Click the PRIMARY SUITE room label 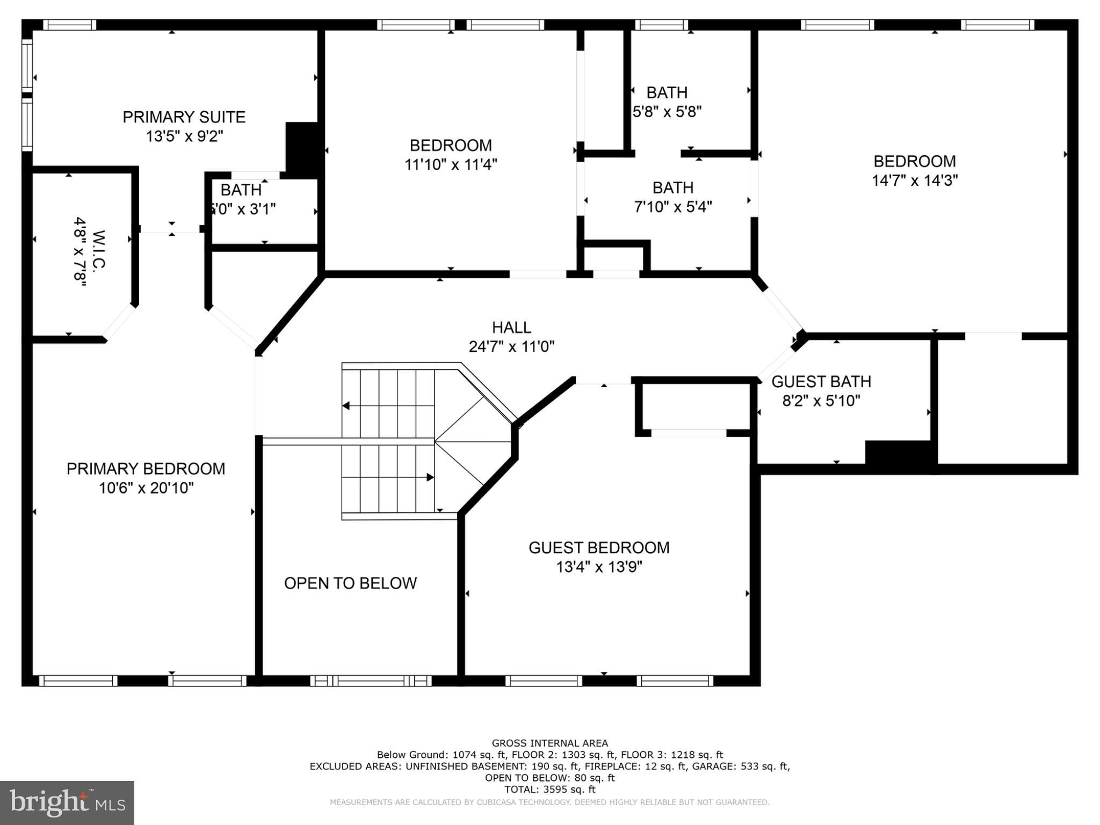(x=184, y=117)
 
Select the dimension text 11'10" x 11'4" (x=451, y=164)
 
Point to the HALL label (x=512, y=327)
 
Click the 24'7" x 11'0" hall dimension (x=511, y=346)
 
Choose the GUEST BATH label (x=821, y=382)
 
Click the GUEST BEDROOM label (x=599, y=548)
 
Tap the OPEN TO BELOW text (x=350, y=583)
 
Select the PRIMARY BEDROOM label (x=146, y=469)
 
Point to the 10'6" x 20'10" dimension (x=146, y=488)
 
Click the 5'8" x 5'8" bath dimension (x=667, y=112)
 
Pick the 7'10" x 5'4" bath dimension (x=673, y=207)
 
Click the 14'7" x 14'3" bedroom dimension (x=915, y=180)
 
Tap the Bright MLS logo (x=67, y=803)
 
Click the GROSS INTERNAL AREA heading (x=550, y=743)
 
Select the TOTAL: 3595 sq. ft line (x=550, y=790)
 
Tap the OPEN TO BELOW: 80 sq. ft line (x=550, y=778)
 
